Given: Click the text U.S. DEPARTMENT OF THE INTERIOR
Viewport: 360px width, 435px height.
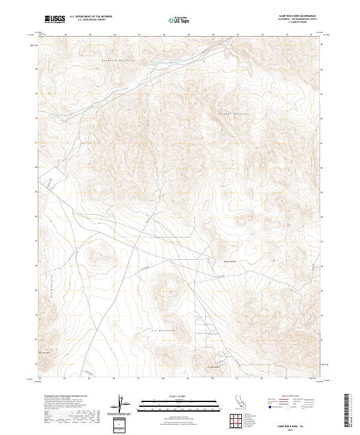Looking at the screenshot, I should tap(91, 17).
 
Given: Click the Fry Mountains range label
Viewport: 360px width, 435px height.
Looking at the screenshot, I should tap(163, 331).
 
